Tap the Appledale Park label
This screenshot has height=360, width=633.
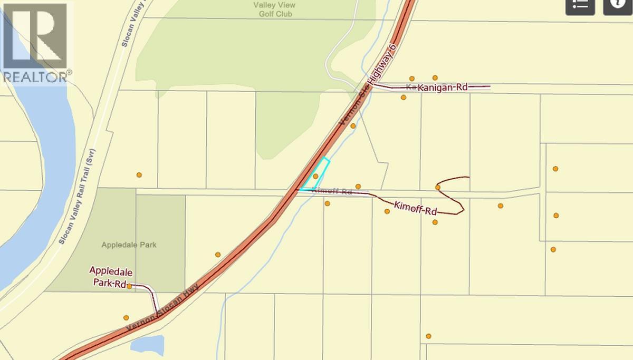tap(129, 245)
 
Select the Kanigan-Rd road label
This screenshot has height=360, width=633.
tap(443, 87)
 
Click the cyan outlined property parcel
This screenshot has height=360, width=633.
tap(318, 176)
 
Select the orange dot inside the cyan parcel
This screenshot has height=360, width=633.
tap(315, 176)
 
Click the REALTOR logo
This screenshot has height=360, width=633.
tap(35, 42)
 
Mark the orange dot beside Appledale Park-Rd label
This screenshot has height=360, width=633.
tap(129, 286)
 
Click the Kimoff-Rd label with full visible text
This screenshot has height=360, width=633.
tap(416, 208)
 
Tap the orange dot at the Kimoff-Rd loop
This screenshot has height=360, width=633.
tap(438, 187)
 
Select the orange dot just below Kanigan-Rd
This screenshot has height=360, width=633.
tap(404, 97)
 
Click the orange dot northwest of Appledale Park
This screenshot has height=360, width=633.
tap(139, 174)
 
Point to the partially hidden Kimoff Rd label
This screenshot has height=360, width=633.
tap(332, 191)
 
